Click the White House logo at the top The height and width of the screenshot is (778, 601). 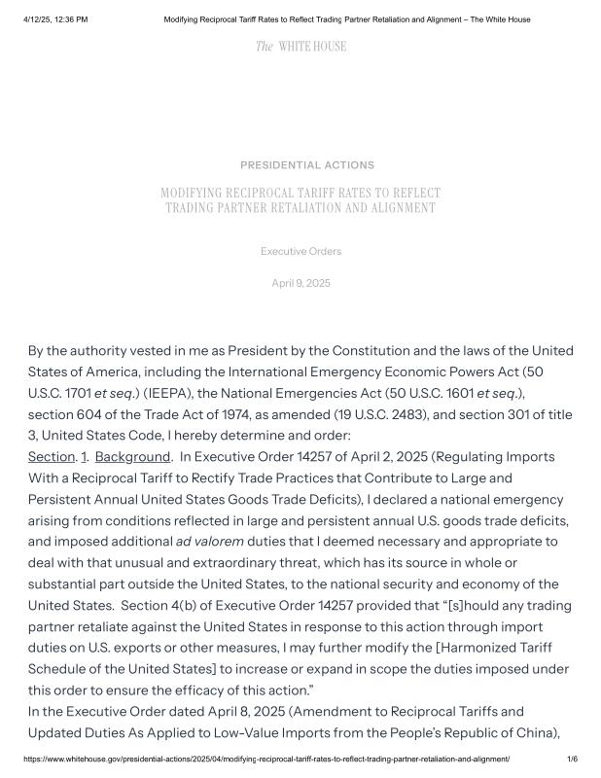click(x=300, y=47)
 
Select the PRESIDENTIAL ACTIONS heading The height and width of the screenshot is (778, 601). click(x=307, y=165)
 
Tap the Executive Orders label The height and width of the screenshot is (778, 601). click(x=300, y=252)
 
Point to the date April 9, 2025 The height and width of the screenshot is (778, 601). click(x=300, y=283)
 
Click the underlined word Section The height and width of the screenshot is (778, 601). click(x=52, y=457)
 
